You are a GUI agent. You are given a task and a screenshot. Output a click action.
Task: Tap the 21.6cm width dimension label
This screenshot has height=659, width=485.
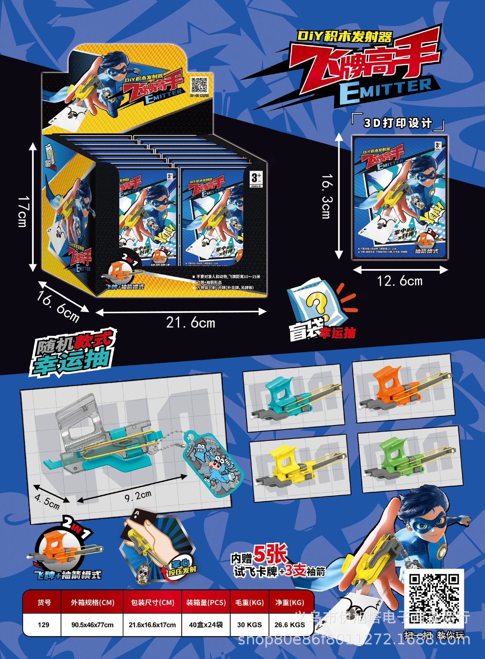(190, 323)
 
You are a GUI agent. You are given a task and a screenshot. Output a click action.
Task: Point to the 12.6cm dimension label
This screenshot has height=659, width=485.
(400, 281)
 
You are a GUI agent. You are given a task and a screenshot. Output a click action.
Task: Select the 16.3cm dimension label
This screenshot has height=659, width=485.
(327, 196)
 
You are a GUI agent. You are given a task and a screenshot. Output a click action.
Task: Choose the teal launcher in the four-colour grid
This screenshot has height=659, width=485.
(293, 398)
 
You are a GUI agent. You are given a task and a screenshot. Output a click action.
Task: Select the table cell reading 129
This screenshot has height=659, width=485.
(44, 625)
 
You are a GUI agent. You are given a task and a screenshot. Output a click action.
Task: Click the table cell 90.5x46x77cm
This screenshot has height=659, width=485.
(92, 625)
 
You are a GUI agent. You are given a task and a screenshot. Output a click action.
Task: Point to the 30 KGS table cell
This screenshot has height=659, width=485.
(249, 625)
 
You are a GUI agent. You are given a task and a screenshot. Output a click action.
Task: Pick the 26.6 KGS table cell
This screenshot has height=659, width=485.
(289, 625)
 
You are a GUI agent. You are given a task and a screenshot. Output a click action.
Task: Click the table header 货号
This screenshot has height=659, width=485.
(44, 602)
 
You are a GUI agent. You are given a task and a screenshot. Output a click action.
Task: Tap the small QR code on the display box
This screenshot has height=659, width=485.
(199, 85)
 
